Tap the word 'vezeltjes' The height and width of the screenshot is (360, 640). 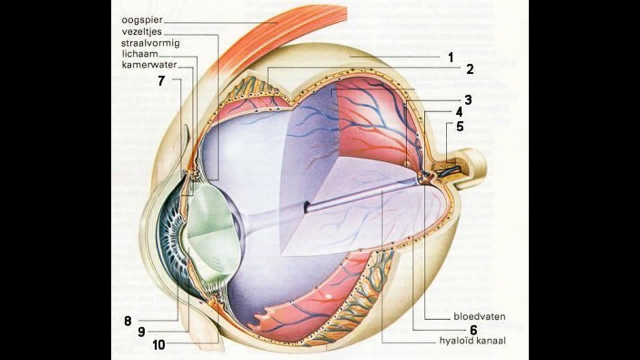point(141,32)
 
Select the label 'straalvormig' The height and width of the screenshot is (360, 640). point(150,43)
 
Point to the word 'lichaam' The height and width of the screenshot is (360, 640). point(139,53)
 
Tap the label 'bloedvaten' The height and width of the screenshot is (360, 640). point(479,316)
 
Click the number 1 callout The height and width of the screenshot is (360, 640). point(450,57)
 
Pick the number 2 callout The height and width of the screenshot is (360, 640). point(469,69)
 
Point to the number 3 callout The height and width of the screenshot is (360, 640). point(467,100)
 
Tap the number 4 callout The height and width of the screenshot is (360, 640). point(459,112)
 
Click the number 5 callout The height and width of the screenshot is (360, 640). point(459,126)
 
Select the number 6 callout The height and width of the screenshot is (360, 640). point(473,330)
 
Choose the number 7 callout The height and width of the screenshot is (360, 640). point(161,81)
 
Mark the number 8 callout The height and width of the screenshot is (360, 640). point(128,321)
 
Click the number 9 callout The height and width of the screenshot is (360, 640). point(141,332)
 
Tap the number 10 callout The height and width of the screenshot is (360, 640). point(158,344)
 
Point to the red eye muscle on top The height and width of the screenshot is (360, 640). point(280,35)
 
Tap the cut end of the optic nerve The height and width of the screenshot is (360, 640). point(475,167)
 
